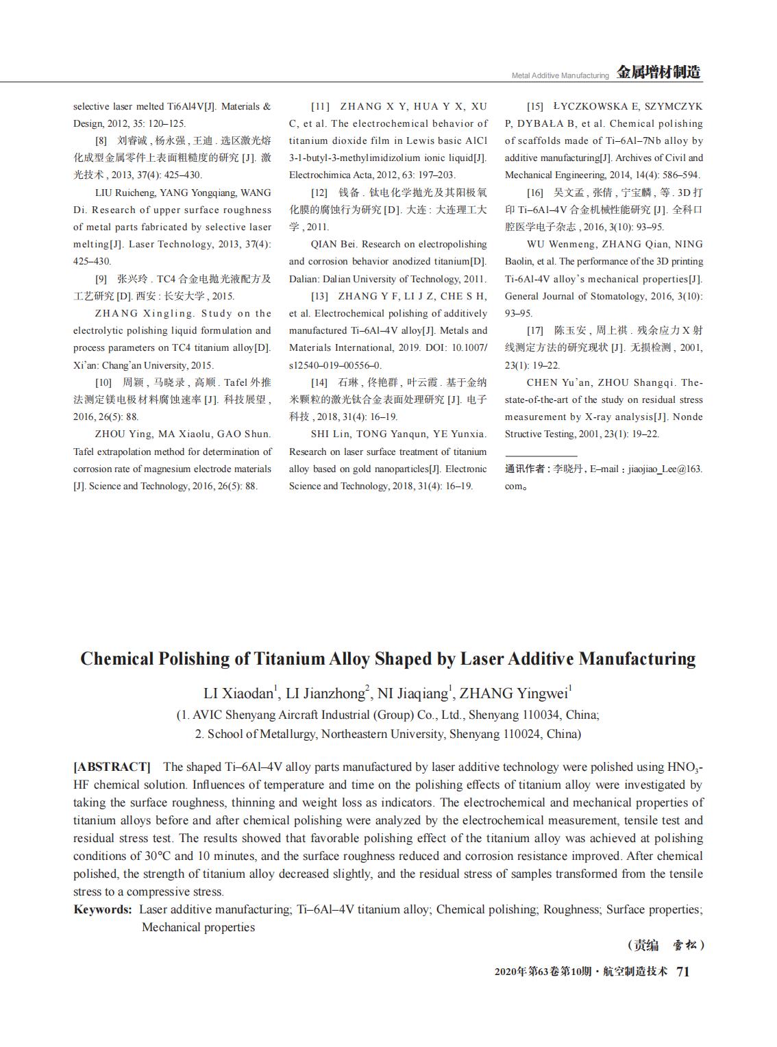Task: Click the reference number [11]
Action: pos(320,107)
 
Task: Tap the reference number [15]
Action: pos(535,107)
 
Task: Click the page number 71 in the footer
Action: pos(682,971)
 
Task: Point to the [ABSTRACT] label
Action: pos(112,767)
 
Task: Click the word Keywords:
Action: pos(103,909)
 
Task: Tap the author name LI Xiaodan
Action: pos(238,693)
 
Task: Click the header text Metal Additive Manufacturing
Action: pos(560,75)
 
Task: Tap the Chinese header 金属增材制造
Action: pos(658,73)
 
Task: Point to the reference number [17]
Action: pos(535,330)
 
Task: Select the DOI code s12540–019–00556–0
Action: pos(335,365)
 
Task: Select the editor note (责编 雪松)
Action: pos(665,946)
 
